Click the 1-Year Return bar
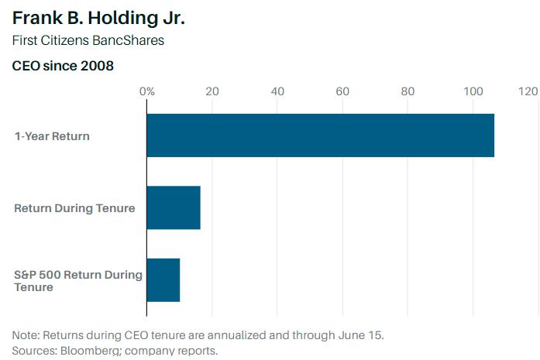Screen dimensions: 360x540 pos(320,135)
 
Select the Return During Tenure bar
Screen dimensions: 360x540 pos(174,207)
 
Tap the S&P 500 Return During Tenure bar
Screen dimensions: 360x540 pos(163,279)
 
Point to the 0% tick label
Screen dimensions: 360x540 pos(146,91)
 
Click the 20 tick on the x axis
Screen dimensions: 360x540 pos(212,91)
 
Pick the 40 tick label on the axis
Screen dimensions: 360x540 pos(277,91)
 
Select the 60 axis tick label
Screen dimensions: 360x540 pos(342,91)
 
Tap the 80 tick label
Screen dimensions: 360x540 pos(408,91)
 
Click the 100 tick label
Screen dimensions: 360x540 pos(473,91)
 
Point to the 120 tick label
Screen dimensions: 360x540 pos(528,91)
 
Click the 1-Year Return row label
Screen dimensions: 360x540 pos(52,136)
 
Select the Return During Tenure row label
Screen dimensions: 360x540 pos(74,208)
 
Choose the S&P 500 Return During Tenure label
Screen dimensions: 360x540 pos(77,280)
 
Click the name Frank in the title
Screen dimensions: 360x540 pos(34,17)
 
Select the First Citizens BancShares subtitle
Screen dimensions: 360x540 pos(88,41)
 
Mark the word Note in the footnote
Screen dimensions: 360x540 pos(25,336)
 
